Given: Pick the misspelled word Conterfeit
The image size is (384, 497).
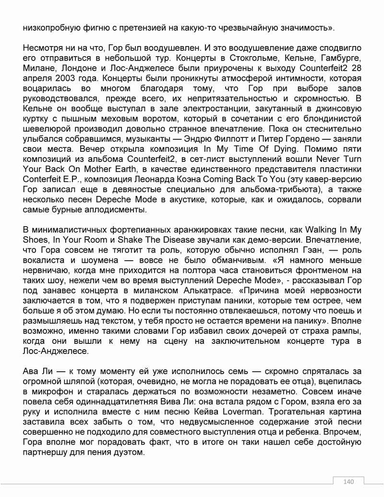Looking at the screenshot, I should coord(43,179).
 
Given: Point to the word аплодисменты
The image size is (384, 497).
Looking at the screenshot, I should coord(116,209).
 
